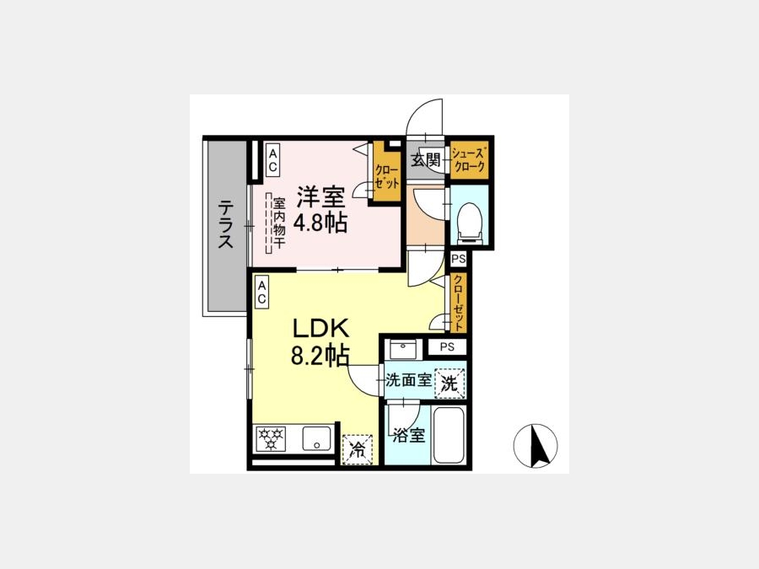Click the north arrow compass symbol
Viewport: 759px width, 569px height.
point(535,446)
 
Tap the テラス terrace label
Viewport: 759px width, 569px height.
point(225,224)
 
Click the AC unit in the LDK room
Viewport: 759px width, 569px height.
point(261,293)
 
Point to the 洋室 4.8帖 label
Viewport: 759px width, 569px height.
point(321,209)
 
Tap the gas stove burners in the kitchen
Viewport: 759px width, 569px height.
point(270,438)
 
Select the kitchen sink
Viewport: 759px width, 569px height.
point(317,438)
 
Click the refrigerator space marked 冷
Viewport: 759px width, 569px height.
point(358,450)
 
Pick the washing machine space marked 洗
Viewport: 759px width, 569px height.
point(449,384)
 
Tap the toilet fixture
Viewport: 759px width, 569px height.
point(469,222)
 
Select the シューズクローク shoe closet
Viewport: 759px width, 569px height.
point(467,159)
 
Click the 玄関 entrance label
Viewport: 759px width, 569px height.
point(426,159)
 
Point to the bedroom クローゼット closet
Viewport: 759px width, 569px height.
point(386,172)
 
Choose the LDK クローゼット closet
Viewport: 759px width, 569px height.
point(459,303)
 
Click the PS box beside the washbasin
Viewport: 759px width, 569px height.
point(447,347)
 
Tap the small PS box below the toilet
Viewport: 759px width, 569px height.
point(459,259)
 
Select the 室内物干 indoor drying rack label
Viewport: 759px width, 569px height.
point(279,223)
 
